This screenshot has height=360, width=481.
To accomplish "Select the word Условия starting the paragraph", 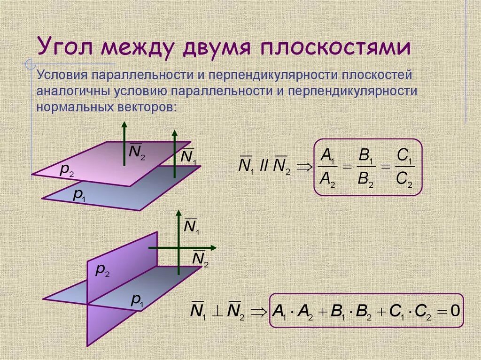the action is (x=62, y=75).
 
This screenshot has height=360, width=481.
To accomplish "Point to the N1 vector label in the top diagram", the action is (x=188, y=157).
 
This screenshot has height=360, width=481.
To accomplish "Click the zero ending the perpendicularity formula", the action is (x=454, y=310).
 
